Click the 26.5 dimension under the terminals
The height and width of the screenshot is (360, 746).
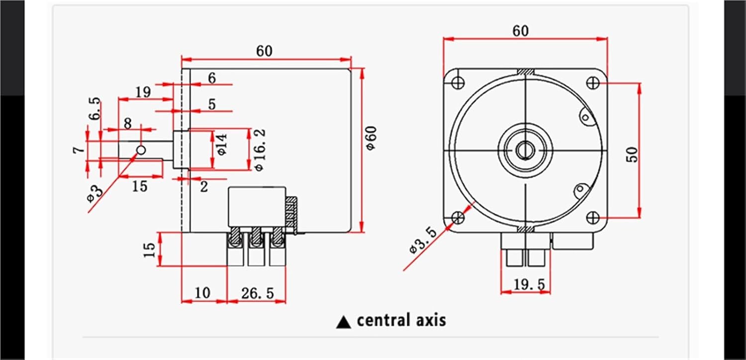pyautogui.click(x=258, y=293)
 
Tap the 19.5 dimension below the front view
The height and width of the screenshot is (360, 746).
pyautogui.click(x=529, y=284)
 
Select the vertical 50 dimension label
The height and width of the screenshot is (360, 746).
pyautogui.click(x=632, y=155)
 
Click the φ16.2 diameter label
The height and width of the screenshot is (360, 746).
pyautogui.click(x=259, y=150)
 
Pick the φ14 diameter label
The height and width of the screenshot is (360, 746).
pyautogui.click(x=221, y=144)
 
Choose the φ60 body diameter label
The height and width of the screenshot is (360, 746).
pyautogui.click(x=372, y=139)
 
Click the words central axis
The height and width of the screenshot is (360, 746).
pyautogui.click(x=401, y=320)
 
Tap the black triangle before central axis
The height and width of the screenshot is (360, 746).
pyautogui.click(x=344, y=322)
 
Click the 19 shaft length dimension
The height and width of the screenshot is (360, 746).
pyautogui.click(x=143, y=91)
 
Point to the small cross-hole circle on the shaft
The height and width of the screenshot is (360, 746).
pyautogui.click(x=141, y=150)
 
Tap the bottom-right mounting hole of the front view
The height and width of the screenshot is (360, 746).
pyautogui.click(x=592, y=217)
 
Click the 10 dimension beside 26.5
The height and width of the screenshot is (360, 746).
pyautogui.click(x=202, y=293)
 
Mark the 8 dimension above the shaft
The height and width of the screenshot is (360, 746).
pyautogui.click(x=128, y=123)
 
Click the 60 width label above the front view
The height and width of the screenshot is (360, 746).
pyautogui.click(x=521, y=31)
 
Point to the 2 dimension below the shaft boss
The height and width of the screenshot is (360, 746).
pyautogui.click(x=204, y=186)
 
